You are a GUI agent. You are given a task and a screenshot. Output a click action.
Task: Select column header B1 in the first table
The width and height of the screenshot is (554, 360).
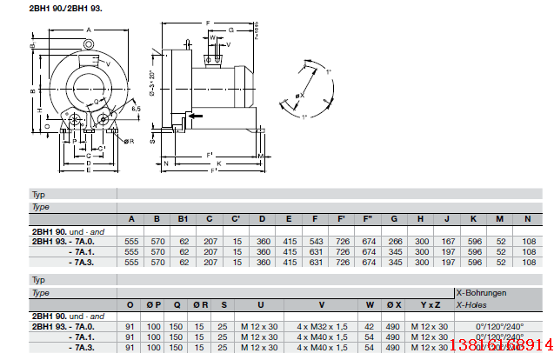pos(183,217)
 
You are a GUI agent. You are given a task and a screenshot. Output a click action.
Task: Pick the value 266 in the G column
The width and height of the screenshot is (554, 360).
pos(394,239)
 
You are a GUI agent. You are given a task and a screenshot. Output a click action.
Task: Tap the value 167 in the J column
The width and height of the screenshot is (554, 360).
pos(446,239)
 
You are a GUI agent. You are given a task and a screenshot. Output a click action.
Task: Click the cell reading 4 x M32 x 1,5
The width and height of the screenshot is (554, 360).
pos(321,326)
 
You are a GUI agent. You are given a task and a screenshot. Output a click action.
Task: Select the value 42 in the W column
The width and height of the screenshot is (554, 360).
pos(370,326)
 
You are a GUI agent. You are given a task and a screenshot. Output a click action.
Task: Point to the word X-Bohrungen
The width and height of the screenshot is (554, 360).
pos(481,293)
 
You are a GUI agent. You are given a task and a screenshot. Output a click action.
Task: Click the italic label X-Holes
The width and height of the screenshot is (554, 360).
pos(471,304)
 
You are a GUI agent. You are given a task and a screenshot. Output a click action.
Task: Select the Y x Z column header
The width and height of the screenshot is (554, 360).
pos(430,304)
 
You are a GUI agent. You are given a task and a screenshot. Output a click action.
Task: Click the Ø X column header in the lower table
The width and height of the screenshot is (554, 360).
pos(394,304)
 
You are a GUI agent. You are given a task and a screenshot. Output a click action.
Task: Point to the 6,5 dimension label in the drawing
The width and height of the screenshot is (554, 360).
pos(136,108)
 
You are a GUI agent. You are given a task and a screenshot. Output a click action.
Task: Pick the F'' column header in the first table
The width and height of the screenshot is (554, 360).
pos(368,217)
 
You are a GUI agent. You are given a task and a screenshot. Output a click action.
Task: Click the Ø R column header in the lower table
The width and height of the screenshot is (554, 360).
pos(200,304)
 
